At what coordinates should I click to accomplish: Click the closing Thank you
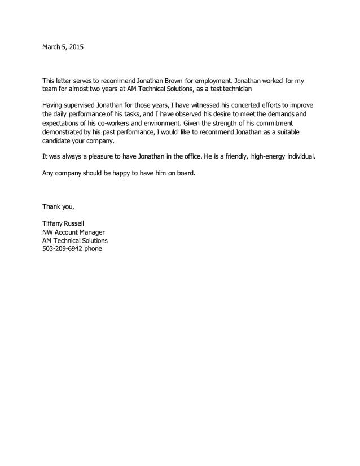pyautogui.click(x=58, y=206)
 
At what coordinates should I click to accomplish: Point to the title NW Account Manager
pyautogui.click(x=73, y=231)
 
